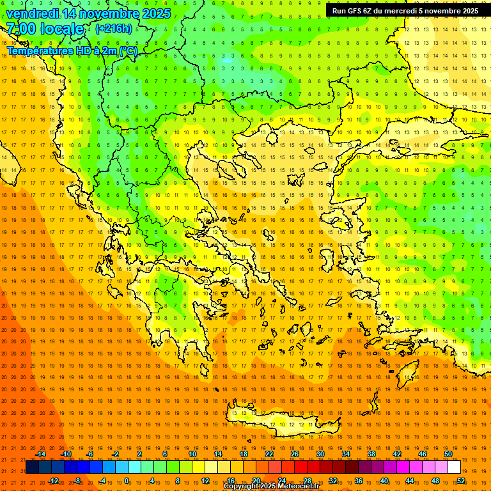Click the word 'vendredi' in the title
pyautogui.click(x=33, y=13)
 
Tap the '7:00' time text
pyautogui.click(x=21, y=29)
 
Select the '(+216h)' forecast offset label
pyautogui.click(x=114, y=29)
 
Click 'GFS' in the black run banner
pyautogui.click(x=357, y=11)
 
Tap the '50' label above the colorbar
pyautogui.click(x=448, y=454)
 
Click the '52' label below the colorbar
pyautogui.click(x=461, y=481)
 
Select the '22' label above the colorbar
pyautogui.click(x=269, y=454)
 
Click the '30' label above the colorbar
pyautogui.click(x=320, y=454)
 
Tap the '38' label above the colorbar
pyautogui.click(x=371, y=454)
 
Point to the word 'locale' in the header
pyautogui.click(x=62, y=29)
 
